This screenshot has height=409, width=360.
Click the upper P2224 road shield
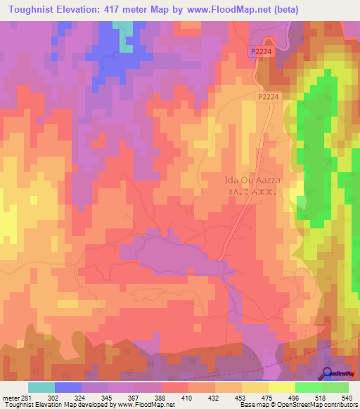[259, 51]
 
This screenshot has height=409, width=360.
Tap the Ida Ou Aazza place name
[241, 180]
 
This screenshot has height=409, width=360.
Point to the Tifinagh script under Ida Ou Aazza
[241, 191]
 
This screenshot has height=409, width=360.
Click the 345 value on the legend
[105, 398]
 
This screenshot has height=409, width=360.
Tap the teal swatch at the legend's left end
[41, 387]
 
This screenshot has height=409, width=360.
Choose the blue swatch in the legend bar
[67, 387]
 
